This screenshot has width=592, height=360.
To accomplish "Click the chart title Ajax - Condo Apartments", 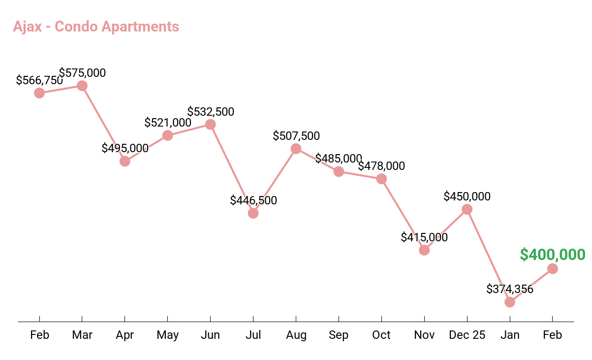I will pyautogui.click(x=96, y=26).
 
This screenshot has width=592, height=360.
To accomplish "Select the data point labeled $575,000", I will pyautogui.click(x=82, y=86).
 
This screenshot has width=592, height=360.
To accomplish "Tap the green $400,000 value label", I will pyautogui.click(x=552, y=255).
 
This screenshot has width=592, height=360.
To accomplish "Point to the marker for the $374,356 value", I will pyautogui.click(x=510, y=302).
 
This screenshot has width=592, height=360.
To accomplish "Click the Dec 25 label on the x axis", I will pyautogui.click(x=467, y=335).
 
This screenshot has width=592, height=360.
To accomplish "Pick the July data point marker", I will pyautogui.click(x=253, y=213).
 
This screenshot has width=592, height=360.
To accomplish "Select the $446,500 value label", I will pyautogui.click(x=253, y=200).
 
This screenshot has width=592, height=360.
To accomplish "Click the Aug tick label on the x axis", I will pyautogui.click(x=296, y=335).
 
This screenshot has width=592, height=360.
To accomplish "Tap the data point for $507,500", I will pyautogui.click(x=296, y=149).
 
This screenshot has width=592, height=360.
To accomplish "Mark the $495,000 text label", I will pyautogui.click(x=125, y=148).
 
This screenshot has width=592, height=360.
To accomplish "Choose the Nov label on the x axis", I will pyautogui.click(x=424, y=335).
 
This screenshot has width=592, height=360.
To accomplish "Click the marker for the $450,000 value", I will pyautogui.click(x=467, y=209).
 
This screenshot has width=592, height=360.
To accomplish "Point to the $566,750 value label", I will pyautogui.click(x=39, y=80).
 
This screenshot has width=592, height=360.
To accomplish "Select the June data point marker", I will pyautogui.click(x=210, y=125).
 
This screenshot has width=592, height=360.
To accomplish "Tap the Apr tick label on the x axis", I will pyautogui.click(x=125, y=335).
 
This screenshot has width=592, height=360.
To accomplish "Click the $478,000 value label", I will pyautogui.click(x=381, y=166).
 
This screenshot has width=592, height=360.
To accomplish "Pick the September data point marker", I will pyautogui.click(x=339, y=171).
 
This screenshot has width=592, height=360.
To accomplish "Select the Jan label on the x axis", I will pyautogui.click(x=510, y=335).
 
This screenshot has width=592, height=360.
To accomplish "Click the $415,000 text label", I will pyautogui.click(x=424, y=237).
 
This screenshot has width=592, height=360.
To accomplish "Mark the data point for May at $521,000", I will pyautogui.click(x=167, y=135).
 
